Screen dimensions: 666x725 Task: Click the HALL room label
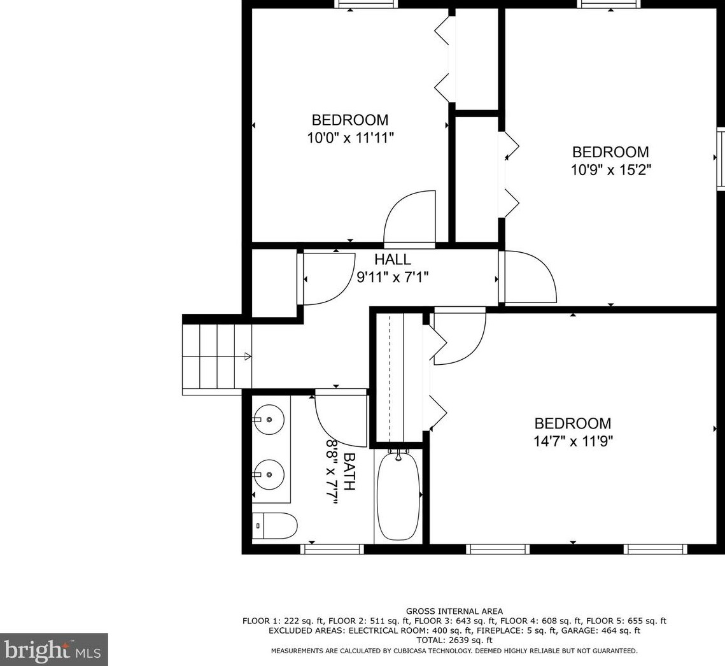click(392, 260)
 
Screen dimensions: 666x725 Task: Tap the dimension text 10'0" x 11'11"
click(350, 138)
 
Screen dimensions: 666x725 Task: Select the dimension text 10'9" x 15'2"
click(610, 170)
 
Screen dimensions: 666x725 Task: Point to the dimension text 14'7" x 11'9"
click(572, 441)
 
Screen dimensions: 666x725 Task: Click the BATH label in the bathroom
click(349, 471)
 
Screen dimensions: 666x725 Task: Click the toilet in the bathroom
click(275, 526)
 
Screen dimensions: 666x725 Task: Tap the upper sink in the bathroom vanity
click(270, 419)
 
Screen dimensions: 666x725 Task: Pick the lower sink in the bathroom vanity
click(270, 474)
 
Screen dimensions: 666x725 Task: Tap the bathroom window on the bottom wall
click(332, 549)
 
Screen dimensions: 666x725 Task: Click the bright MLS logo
click(53, 649)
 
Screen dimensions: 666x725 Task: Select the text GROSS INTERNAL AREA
click(454, 611)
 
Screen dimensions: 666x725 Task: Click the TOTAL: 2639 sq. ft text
click(454, 640)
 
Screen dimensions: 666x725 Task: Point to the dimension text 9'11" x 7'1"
click(392, 277)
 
